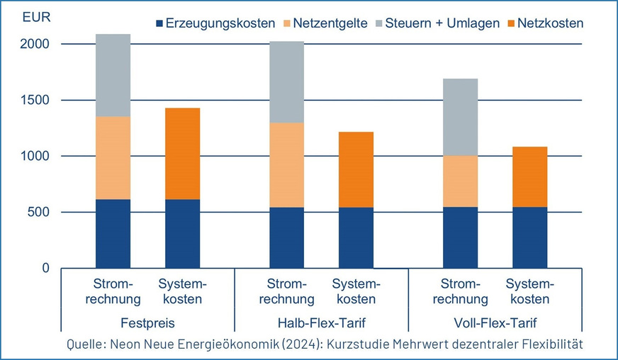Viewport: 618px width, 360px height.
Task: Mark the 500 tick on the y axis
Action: tap(38, 212)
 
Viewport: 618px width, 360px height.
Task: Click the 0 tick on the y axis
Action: tap(45, 268)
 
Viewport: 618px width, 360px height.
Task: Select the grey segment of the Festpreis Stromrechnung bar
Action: tap(113, 75)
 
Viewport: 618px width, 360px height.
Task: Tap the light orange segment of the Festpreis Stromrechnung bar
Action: tap(113, 157)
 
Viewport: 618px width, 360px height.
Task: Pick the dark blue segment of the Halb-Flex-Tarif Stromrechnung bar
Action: tap(286, 237)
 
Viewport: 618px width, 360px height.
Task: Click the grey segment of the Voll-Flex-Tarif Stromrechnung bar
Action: tap(460, 117)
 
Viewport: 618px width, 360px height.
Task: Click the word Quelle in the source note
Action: tap(85, 344)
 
